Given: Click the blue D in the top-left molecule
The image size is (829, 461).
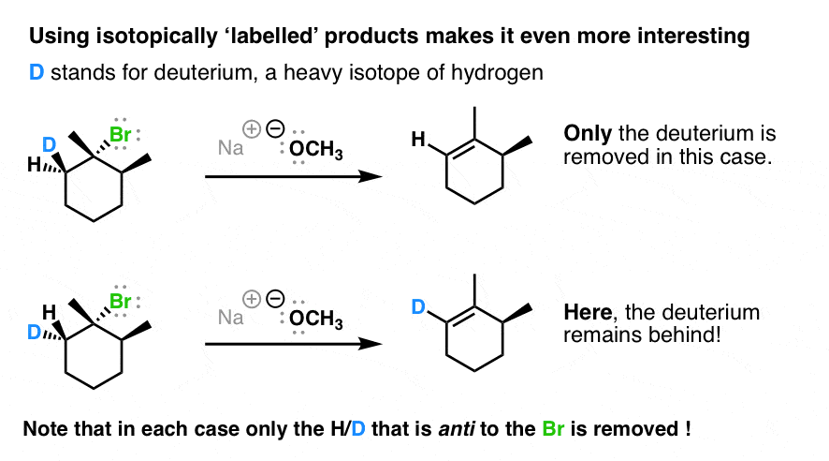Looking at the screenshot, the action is point(50,144).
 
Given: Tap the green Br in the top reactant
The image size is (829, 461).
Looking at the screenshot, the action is point(120,134).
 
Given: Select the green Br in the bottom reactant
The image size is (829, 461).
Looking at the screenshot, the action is point(120,301).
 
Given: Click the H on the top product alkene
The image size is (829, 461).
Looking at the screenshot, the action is point(418,140).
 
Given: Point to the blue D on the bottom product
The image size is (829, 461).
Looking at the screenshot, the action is point(418,306).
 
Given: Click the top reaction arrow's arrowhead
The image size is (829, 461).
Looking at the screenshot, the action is point(371,176).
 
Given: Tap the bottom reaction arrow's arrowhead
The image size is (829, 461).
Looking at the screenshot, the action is point(371,344).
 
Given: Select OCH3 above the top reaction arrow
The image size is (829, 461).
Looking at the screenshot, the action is point(316,149).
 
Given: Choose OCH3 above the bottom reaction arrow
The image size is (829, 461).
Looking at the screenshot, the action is point(316,319).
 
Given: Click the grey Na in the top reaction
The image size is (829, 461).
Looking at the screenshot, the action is point(230,148).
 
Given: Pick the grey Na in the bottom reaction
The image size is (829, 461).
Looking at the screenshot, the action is point(230,318).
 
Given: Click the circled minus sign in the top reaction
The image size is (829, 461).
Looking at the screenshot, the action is point(275,128).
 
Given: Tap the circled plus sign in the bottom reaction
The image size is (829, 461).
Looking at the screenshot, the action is point(252,299).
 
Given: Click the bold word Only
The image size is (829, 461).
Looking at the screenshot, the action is point(588,134).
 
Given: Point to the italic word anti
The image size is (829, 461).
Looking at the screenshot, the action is point(456,429).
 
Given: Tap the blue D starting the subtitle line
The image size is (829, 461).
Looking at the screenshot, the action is point(36,72).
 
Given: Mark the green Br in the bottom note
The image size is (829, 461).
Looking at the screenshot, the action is point(553,429).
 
